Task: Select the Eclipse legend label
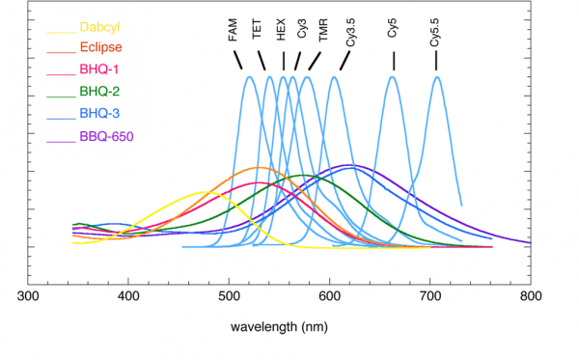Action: (x=100, y=47)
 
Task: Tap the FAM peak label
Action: (x=234, y=31)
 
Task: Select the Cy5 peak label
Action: (x=393, y=29)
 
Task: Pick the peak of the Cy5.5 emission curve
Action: (x=437, y=77)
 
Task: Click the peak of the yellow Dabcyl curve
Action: (x=205, y=192)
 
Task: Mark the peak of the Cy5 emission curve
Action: (x=393, y=77)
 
